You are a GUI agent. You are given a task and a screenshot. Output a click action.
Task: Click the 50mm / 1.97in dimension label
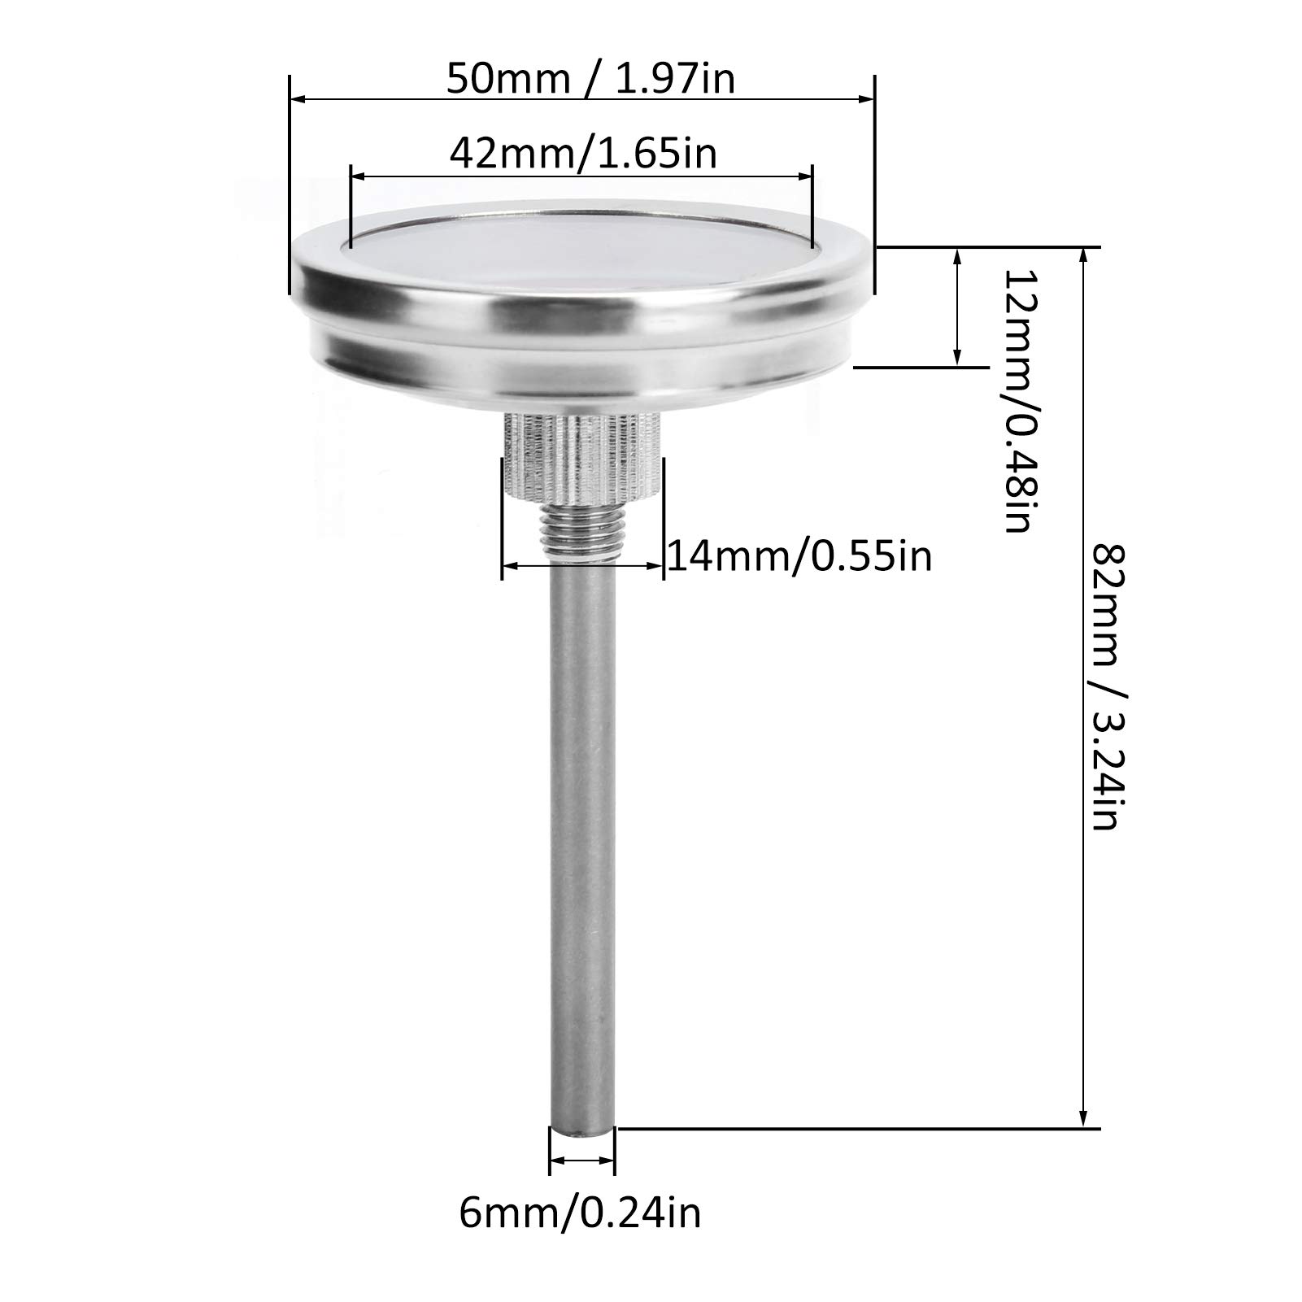[590, 80]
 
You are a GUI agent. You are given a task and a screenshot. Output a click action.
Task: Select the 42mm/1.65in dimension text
[583, 154]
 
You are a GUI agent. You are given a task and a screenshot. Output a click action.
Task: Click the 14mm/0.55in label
[799, 557]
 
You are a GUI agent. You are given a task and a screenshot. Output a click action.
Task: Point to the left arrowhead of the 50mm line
[298, 100]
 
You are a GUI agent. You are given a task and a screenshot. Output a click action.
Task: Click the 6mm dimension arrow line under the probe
[582, 1160]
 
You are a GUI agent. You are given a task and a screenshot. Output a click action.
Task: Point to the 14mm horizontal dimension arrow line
[582, 564]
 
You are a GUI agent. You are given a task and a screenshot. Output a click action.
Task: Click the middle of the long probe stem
[581, 846]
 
